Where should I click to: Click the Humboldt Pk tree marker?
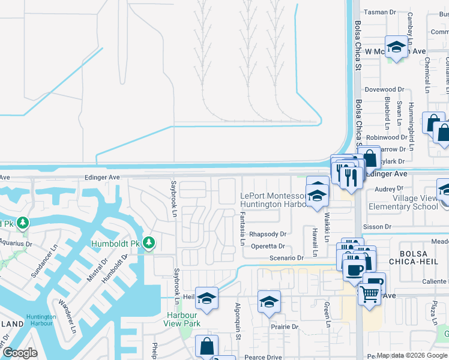click(x=149, y=243)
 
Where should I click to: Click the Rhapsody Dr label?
click(x=268, y=234)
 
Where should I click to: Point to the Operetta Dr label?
click(x=267, y=246)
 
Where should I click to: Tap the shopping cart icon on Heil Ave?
click(x=369, y=294)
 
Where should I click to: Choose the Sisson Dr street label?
click(x=378, y=227)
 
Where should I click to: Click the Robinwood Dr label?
click(x=387, y=137)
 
